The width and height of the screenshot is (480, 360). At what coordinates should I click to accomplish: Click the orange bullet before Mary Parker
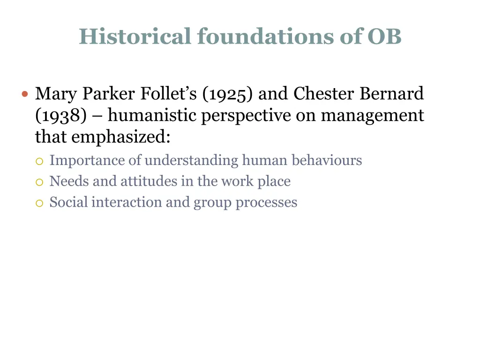tap(25, 94)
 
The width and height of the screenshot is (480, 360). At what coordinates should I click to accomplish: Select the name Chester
tap(324, 94)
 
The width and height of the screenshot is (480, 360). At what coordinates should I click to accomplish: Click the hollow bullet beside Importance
tap(39, 161)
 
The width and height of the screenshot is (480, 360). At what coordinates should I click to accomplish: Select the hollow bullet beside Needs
tap(39, 182)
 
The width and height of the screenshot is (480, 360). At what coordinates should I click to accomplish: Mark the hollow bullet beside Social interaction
tap(39, 203)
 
